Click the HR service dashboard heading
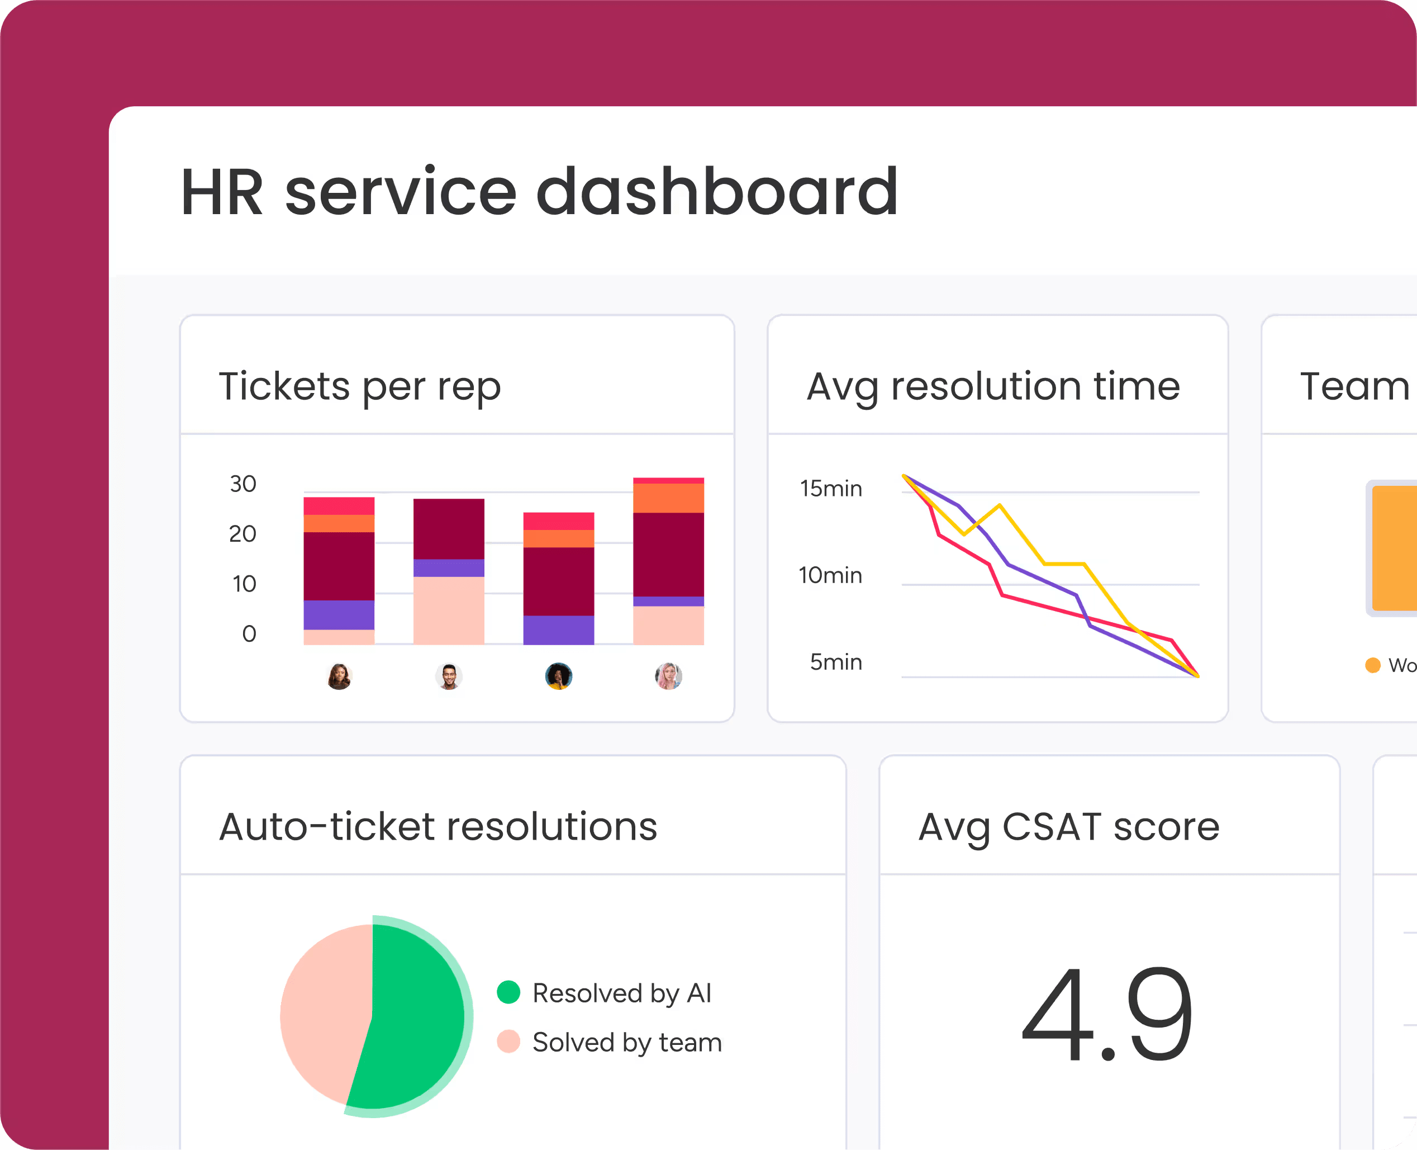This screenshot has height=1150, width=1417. click(539, 192)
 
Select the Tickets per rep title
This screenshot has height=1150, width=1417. click(359, 386)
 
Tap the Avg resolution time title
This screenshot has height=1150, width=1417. click(993, 386)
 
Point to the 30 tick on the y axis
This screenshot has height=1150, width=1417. click(243, 484)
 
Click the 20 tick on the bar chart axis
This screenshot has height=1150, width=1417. click(242, 534)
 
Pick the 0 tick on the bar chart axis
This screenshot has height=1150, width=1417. click(249, 634)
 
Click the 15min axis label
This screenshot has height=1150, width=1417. click(831, 489)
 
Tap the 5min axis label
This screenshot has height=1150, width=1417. click(836, 662)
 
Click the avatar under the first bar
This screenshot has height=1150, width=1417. click(339, 676)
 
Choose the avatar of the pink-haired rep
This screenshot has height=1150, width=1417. click(668, 676)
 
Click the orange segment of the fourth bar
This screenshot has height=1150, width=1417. click(668, 498)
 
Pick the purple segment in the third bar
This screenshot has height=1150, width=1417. click(558, 630)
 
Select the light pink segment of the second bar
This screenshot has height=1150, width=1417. click(448, 610)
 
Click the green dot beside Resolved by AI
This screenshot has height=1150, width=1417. click(508, 992)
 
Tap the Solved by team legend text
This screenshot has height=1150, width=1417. click(626, 1043)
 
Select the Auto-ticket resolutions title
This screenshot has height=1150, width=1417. click(438, 827)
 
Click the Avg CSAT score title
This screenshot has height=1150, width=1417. click(1069, 827)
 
